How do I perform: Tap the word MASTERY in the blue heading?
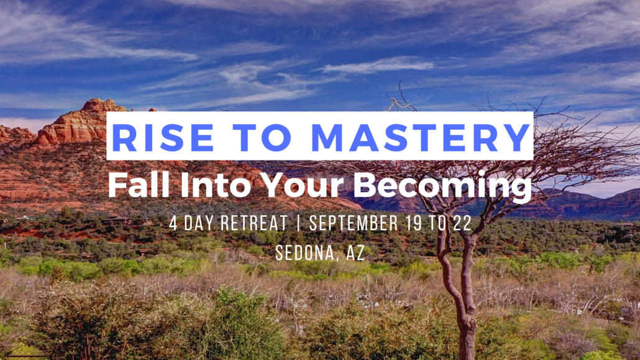coord(421,137)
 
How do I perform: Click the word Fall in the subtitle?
coord(139,185)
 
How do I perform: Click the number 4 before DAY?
coord(173,223)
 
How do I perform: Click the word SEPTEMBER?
coord(354,223)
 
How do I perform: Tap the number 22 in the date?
coord(462,223)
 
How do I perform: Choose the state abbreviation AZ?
coord(355,253)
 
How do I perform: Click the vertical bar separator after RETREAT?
coord(298,223)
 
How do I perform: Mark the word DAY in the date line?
coord(199,223)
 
